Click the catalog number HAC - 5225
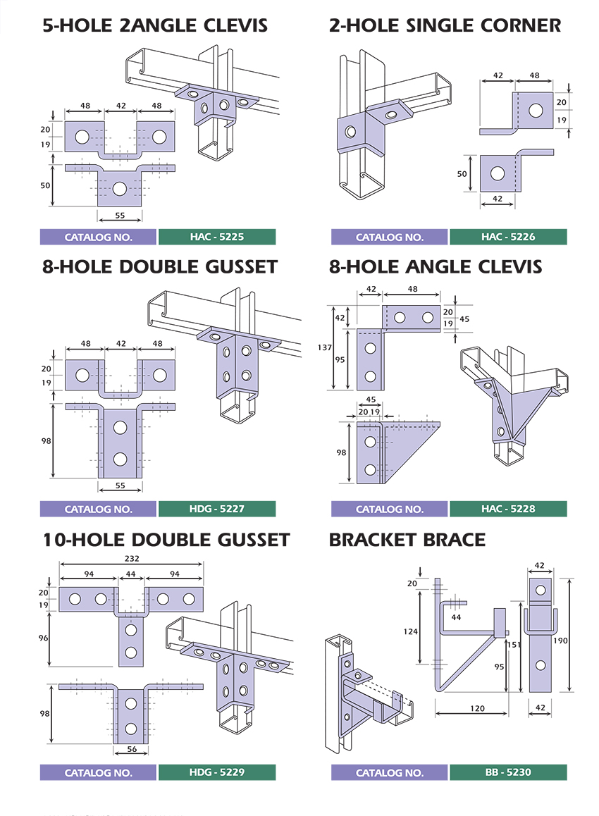click(216, 237)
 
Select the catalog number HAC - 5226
click(508, 237)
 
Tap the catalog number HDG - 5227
click(216, 509)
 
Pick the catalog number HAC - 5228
click(508, 509)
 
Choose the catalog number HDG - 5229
click(216, 772)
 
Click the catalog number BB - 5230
click(508, 772)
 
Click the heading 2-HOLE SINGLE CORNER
click(445, 26)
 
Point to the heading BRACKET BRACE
click(407, 540)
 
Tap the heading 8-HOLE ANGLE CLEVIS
click(436, 266)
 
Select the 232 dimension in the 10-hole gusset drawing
click(132, 558)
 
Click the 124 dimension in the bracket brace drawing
click(411, 631)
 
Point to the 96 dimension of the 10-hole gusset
click(42, 638)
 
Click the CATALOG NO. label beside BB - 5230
click(390, 772)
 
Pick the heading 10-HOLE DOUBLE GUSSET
click(166, 540)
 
